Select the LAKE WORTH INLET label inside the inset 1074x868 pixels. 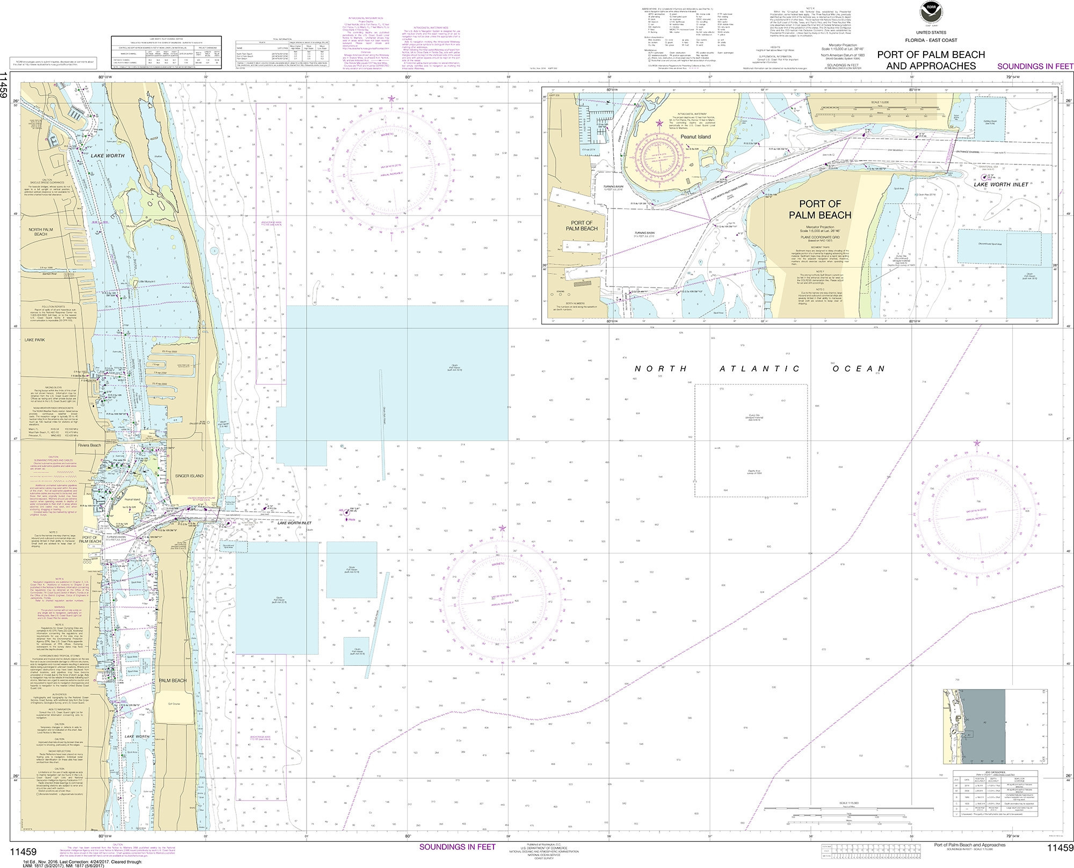pos(1001,184)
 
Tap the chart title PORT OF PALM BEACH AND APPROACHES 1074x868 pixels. pos(931,60)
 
